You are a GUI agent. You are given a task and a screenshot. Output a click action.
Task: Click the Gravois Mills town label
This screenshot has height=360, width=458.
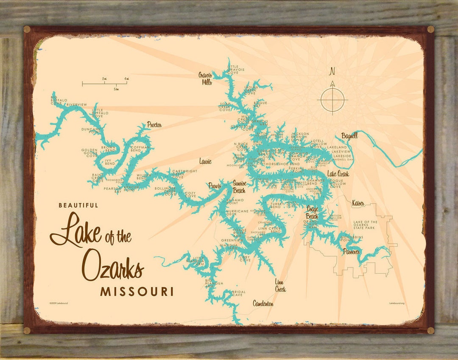click(x=205, y=79)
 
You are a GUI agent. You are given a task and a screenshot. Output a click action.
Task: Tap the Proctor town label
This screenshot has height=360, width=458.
click(x=154, y=125)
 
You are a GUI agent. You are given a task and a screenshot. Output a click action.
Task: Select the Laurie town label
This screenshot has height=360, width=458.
click(x=205, y=161)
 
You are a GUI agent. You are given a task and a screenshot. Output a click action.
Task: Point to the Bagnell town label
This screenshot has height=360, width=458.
click(x=349, y=136)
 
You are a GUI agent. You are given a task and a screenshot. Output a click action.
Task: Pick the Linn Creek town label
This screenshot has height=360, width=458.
click(x=280, y=285)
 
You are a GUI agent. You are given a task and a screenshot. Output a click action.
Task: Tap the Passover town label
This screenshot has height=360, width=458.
click(x=352, y=252)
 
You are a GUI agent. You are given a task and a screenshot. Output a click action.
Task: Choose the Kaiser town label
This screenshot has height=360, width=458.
click(x=358, y=204)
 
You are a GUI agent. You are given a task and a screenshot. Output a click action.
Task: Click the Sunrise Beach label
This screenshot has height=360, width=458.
click(x=239, y=187)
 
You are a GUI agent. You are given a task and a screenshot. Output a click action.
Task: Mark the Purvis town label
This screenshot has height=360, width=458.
click(x=215, y=186)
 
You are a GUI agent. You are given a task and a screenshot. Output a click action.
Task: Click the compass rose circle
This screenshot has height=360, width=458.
click(x=332, y=100)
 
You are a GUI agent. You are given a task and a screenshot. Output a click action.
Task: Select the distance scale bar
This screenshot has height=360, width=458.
click(x=104, y=84)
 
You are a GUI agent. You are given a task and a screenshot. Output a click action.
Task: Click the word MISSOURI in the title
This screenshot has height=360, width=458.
click(x=137, y=292)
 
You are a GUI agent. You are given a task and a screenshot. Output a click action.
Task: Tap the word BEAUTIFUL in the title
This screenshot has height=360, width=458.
click(x=78, y=205)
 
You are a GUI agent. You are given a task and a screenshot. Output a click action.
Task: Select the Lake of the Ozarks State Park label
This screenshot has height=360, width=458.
click(x=365, y=225)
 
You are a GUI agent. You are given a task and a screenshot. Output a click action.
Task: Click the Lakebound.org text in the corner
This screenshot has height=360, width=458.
click(x=397, y=303)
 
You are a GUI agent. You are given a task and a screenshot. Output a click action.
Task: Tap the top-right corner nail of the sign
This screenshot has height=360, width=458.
click(x=430, y=29)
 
